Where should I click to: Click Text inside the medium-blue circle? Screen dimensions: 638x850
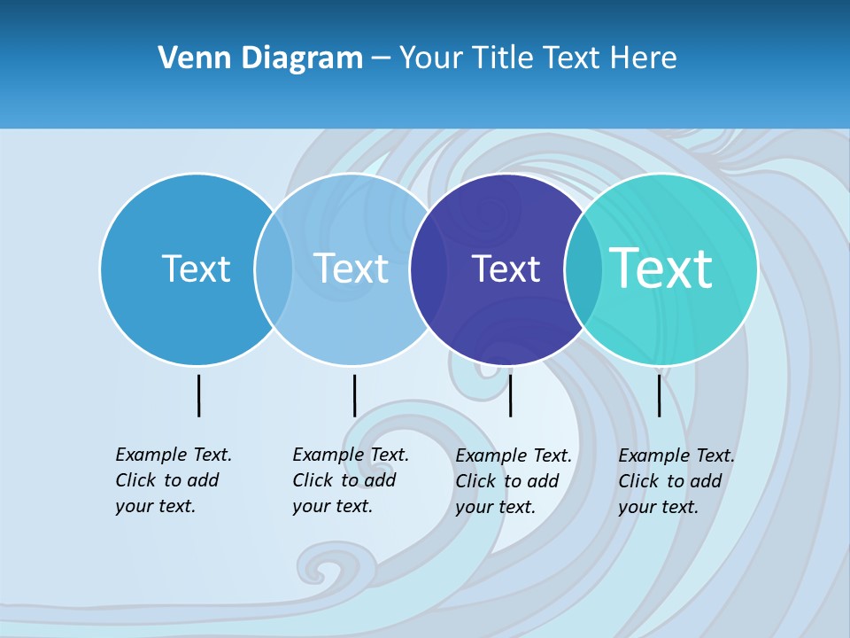196,268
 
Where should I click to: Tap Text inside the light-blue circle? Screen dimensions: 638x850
351,268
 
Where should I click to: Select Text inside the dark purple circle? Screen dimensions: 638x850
506,268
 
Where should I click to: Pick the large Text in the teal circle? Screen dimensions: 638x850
661,268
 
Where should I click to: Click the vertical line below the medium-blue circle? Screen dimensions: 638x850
198,395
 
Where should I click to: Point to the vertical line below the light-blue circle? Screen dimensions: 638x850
354,395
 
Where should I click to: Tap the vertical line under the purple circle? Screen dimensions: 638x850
510,395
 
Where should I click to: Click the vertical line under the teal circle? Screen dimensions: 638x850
659,395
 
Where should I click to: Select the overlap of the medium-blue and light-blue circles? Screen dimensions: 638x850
274,269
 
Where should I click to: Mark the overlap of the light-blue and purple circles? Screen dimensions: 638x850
429,269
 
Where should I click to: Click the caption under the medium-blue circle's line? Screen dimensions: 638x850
174,480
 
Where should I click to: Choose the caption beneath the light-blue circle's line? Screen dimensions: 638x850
351,480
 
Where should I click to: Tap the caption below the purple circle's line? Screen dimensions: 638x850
514,481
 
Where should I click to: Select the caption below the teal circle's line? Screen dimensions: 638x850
676,481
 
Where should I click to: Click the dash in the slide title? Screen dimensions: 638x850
381,58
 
